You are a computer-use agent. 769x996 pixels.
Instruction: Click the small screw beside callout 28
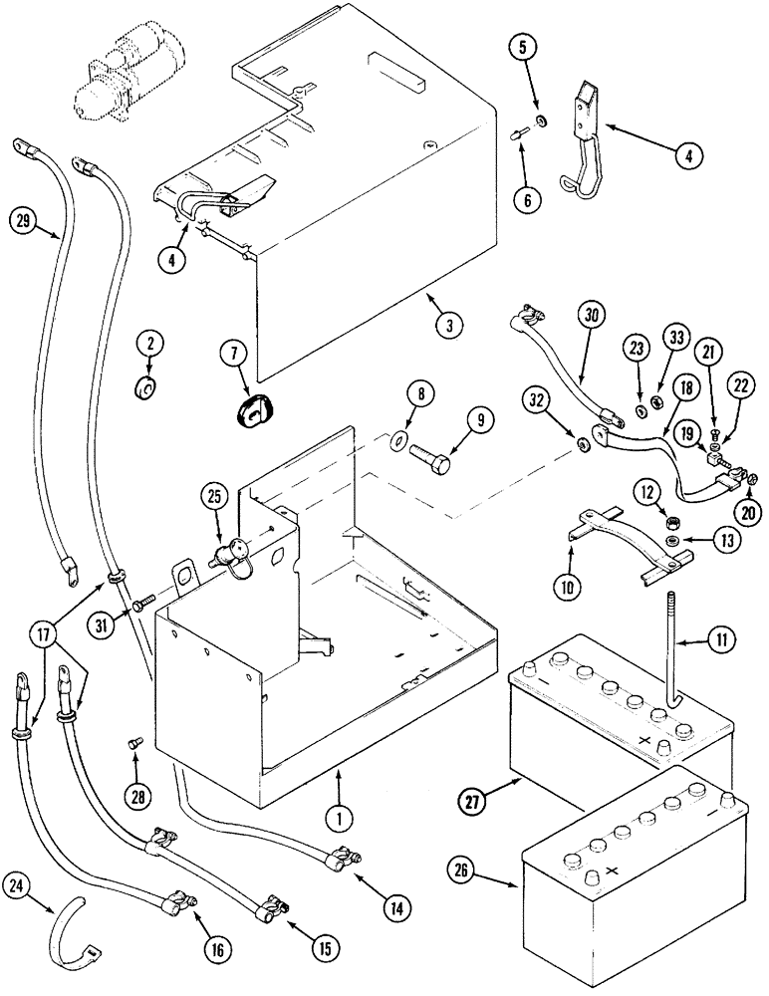[x=136, y=742]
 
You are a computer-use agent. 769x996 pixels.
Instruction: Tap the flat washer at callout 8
[x=398, y=439]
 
